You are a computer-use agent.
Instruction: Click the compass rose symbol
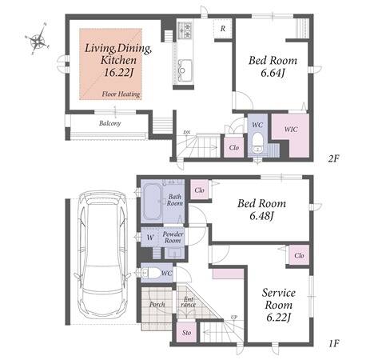click(x=38, y=39)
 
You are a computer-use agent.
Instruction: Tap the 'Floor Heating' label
click(x=121, y=94)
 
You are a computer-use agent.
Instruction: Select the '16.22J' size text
click(x=118, y=72)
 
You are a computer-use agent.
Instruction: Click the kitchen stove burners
click(x=185, y=30)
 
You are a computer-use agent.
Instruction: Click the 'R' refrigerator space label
click(x=223, y=29)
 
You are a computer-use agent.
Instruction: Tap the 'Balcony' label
click(x=109, y=123)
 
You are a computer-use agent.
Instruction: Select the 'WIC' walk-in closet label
click(x=291, y=130)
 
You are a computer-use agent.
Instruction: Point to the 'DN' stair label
click(x=186, y=133)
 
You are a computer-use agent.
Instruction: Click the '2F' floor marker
click(x=333, y=158)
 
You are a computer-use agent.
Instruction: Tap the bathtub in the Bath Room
click(x=152, y=202)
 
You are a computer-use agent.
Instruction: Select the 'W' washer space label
click(x=150, y=238)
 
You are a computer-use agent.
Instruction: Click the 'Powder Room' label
click(x=173, y=238)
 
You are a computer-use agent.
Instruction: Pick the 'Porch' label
click(x=157, y=304)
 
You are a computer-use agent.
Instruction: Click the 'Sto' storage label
click(x=186, y=333)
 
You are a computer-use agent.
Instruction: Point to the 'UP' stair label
click(x=234, y=318)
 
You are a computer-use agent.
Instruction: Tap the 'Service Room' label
click(x=279, y=298)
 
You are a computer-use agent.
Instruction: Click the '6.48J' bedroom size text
click(x=262, y=216)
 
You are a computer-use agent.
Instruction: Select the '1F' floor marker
click(x=333, y=343)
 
